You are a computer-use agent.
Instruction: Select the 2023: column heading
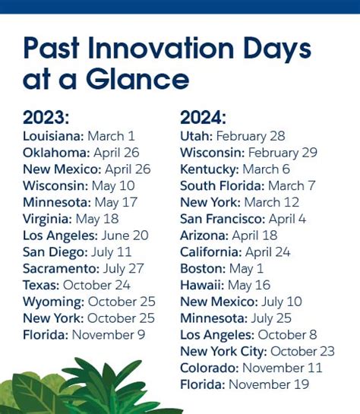(x=46, y=118)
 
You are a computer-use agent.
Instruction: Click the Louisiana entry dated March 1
(x=79, y=136)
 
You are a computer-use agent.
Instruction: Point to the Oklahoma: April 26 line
(x=87, y=153)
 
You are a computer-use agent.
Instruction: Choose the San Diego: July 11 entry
(x=77, y=251)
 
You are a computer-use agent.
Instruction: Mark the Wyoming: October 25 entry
(x=89, y=302)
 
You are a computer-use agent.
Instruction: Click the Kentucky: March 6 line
(x=235, y=169)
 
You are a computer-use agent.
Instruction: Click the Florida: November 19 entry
(x=245, y=384)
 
